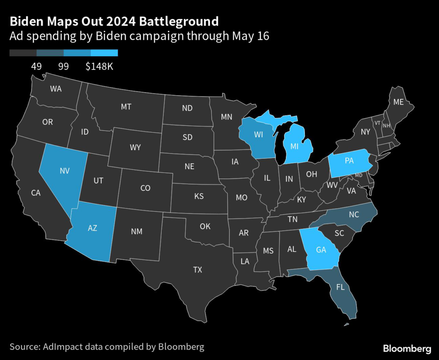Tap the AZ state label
point(93,228)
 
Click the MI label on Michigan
point(294,147)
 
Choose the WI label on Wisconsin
point(258,135)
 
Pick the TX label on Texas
point(197,269)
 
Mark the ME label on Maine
point(399,102)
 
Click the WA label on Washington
point(56,89)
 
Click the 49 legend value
point(36,66)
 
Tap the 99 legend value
point(63,66)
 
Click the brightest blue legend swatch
point(104,53)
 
